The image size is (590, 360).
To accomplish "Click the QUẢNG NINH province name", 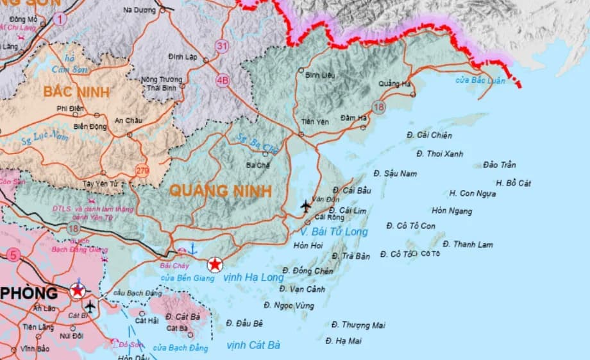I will tap(221, 191).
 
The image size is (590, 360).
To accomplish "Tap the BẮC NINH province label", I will tap(76, 92).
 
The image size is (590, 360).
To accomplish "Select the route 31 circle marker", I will tap(222, 46).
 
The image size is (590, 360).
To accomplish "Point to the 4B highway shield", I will tap(223, 81).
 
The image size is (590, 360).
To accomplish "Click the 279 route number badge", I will tap(142, 170).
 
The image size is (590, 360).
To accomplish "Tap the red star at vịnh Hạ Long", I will tap(215, 264).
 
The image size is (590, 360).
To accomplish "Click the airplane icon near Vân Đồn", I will tap(305, 206).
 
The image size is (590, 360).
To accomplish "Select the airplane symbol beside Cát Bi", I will tap(90, 306).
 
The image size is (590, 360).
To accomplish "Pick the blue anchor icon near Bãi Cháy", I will tap(194, 250).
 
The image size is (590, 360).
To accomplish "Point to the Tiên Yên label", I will tap(314, 121).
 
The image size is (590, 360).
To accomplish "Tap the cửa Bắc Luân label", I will tap(480, 80).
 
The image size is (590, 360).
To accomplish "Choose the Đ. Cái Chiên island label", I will tap(429, 135).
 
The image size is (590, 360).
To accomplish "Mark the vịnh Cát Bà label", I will tap(254, 345).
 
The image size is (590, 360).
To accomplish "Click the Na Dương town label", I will tap(139, 10).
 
